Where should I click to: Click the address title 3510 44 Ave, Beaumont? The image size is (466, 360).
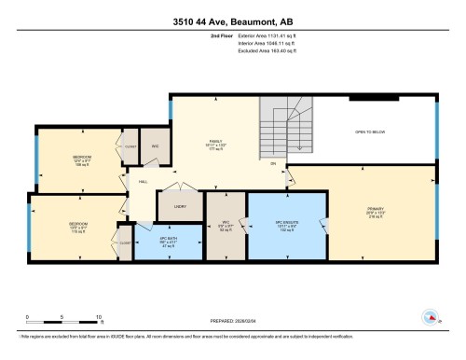coord(232,21)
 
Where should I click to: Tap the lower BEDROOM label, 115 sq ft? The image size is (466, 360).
coord(78,225)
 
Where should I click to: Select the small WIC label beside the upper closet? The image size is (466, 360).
coord(156,145)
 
